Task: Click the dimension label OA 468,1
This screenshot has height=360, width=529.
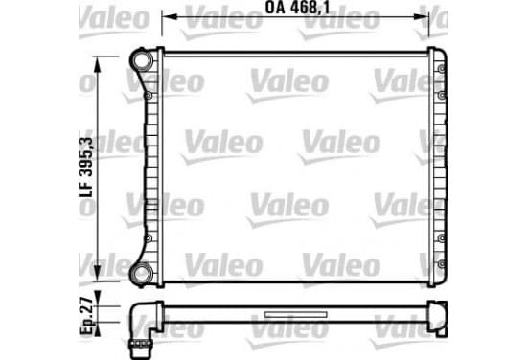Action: [297, 8]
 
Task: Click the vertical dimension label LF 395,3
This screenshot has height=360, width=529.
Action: [85, 167]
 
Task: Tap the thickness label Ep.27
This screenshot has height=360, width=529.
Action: [86, 316]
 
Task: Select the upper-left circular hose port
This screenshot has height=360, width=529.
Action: [142, 60]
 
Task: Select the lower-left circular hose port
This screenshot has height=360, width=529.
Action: [142, 274]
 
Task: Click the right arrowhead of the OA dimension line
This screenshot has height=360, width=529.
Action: [421, 16]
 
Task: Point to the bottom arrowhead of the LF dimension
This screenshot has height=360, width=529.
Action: [98, 273]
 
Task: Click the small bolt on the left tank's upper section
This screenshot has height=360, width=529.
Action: [149, 96]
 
